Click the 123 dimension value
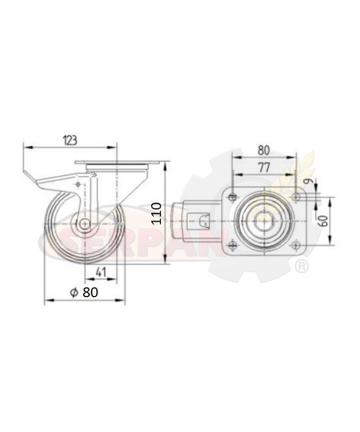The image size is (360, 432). [x=70, y=140]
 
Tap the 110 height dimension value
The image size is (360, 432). [x=157, y=213]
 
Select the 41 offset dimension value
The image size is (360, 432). [x=101, y=272]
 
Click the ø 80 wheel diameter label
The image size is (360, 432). [x=84, y=293]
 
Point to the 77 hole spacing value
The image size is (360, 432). [x=264, y=168]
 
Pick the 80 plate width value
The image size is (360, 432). [x=264, y=151]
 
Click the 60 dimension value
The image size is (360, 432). [x=324, y=221]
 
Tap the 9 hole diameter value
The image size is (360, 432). [x=310, y=181]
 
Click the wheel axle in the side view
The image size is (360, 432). [x=85, y=223]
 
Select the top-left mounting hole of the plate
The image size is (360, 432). [x=233, y=197]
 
